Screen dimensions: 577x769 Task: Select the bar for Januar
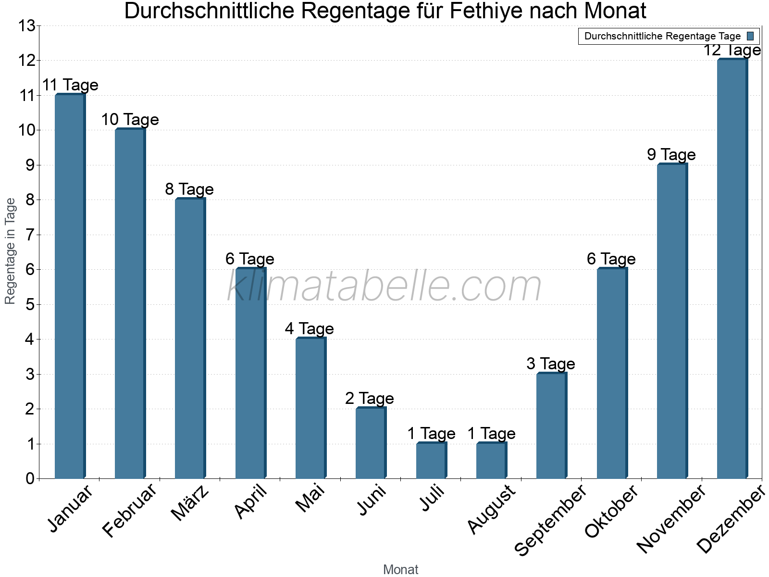click(70, 287)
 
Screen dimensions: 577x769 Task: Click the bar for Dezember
click(732, 269)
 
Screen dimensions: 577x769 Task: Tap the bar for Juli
click(431, 461)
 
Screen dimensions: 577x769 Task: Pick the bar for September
click(551, 426)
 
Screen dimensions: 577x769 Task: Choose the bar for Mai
click(310, 409)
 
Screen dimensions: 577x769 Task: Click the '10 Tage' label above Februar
click(130, 120)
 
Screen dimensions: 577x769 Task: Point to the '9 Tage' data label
click(671, 155)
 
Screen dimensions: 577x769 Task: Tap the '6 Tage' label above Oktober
click(611, 259)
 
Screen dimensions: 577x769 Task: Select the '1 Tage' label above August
click(491, 434)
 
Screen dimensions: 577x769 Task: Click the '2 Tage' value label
click(369, 399)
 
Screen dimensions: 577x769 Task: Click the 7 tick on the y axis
click(30, 235)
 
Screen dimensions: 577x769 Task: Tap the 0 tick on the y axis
click(30, 479)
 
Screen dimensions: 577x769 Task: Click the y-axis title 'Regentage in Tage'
click(11, 251)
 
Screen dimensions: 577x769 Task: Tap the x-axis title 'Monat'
click(400, 570)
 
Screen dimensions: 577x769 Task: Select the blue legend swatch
click(750, 36)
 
